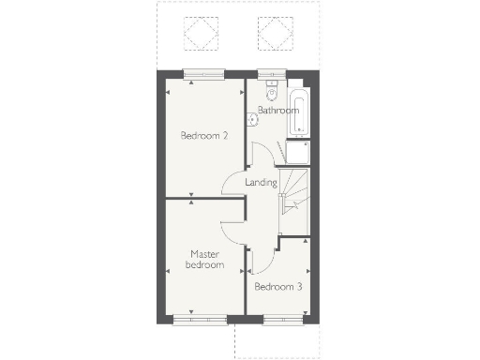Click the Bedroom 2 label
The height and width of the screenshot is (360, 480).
pyautogui.click(x=204, y=135)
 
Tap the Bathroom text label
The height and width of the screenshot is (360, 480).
pyautogui.click(x=277, y=111)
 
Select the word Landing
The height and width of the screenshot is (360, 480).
pyautogui.click(x=260, y=182)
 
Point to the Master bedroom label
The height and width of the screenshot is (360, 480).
pyautogui.click(x=205, y=259)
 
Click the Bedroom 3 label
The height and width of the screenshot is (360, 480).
pyautogui.click(x=277, y=286)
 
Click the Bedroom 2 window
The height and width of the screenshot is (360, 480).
pyautogui.click(x=203, y=76)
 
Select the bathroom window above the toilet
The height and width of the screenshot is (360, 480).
pyautogui.click(x=273, y=76)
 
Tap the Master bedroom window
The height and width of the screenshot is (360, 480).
pyautogui.click(x=200, y=319)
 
